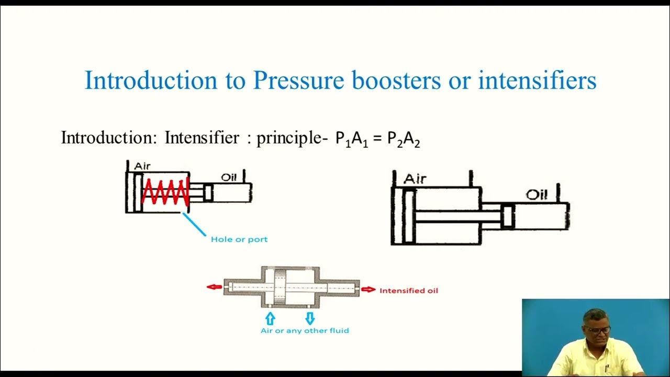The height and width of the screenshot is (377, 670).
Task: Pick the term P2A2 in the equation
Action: [404, 139]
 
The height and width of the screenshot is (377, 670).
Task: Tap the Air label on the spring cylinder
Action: [142, 166]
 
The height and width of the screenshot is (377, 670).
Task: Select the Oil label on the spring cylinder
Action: [229, 178]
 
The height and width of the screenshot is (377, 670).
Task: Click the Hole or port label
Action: [239, 239]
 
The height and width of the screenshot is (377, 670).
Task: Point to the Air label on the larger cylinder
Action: [415, 179]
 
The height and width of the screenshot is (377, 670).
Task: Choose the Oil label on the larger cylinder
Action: [537, 195]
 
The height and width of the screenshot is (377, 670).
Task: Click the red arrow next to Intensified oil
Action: [368, 290]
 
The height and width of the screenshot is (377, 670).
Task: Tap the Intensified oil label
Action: [409, 290]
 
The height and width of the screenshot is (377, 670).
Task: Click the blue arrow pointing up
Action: [270, 318]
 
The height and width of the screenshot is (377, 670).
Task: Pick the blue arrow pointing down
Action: [309, 318]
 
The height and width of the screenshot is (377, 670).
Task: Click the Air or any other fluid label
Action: [305, 331]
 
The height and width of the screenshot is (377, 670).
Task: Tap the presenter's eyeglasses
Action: [598, 330]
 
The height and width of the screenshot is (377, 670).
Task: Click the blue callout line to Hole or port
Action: [195, 225]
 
